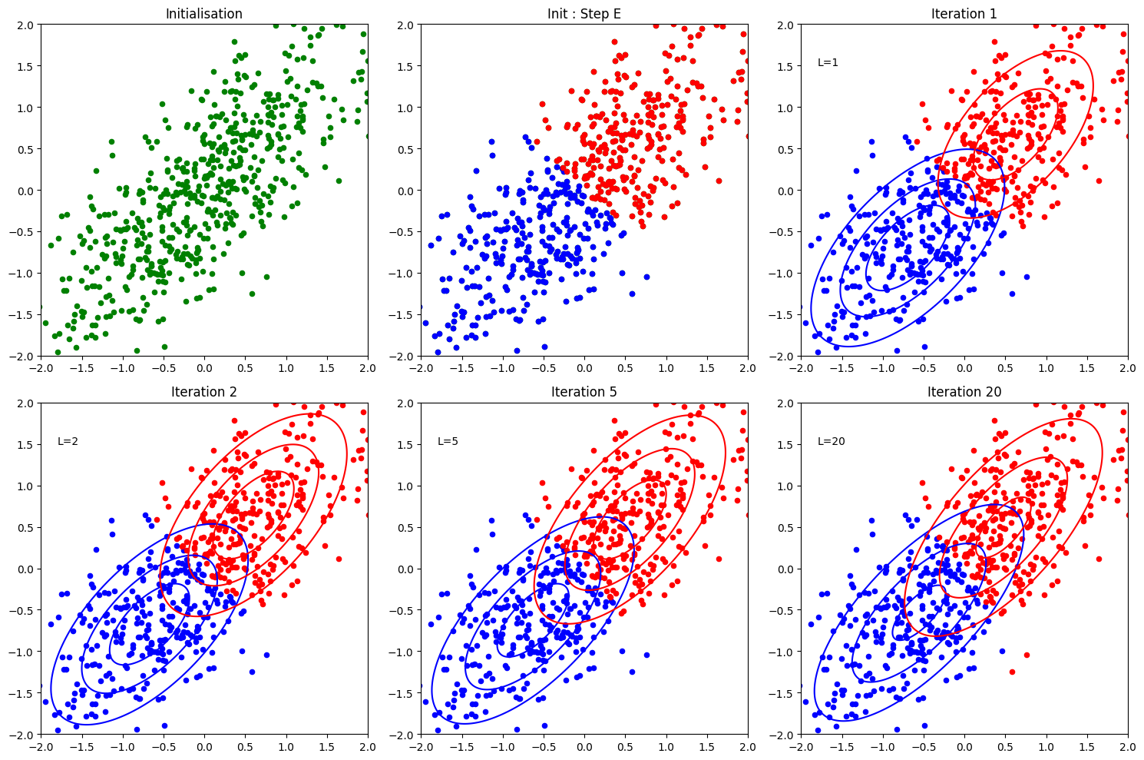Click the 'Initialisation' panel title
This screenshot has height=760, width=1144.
[x=204, y=14]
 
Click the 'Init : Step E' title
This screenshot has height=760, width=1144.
[x=584, y=14]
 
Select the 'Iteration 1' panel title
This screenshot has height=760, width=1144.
[x=964, y=14]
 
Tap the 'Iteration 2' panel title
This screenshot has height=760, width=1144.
[x=204, y=392]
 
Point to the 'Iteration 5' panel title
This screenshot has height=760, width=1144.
[x=584, y=392]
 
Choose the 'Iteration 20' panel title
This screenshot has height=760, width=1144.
[x=964, y=392]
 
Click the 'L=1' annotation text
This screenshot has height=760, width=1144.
[x=828, y=62]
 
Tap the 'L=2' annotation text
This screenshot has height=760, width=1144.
[x=68, y=441]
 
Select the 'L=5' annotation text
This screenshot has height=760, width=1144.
[x=448, y=441]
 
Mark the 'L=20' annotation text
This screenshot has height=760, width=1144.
[x=831, y=441]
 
